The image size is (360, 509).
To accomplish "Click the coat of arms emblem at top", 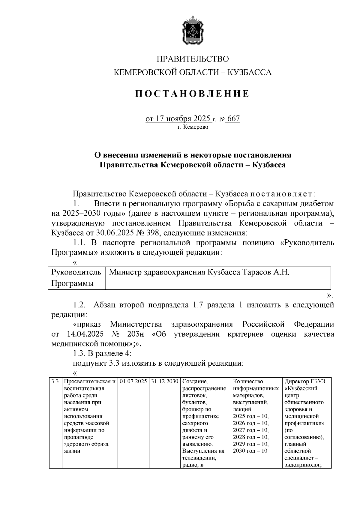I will pos(193,32).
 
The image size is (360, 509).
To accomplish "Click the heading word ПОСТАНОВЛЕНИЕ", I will pos(192,94).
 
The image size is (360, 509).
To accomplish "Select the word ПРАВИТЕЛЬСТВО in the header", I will pos(193,59).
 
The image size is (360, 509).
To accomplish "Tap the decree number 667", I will pos(234,119).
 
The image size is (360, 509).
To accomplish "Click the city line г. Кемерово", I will pos(193,127).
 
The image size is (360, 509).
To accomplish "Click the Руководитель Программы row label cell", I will pos(76,278).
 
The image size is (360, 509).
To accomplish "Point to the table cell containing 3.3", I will pos(55,382).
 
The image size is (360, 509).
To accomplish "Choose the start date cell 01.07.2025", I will pos(133,382).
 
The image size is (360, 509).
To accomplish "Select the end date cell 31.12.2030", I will pos(165,382).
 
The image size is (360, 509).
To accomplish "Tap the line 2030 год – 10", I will pos(250,451).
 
